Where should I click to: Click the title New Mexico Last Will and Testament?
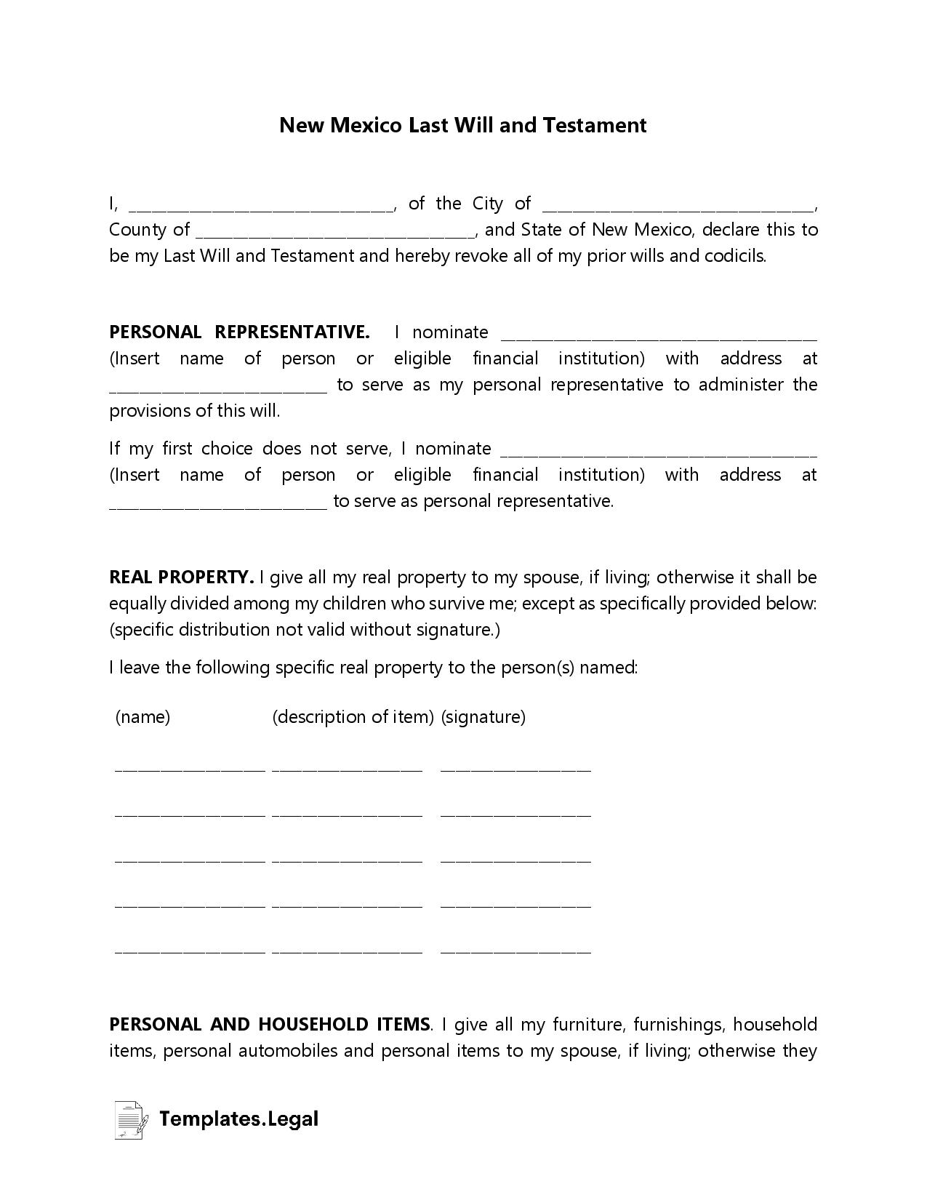(x=462, y=125)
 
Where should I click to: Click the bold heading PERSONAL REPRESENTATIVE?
(x=239, y=332)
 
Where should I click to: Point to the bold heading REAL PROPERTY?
(x=180, y=577)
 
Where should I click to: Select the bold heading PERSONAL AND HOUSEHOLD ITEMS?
(x=269, y=1025)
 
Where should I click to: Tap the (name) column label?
(x=143, y=717)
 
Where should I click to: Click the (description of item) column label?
(x=353, y=717)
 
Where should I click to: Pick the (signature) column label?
(x=483, y=717)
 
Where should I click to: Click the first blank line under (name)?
(x=190, y=767)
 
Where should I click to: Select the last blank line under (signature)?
(x=515, y=950)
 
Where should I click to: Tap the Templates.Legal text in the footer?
(x=238, y=1119)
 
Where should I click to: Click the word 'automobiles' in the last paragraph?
(x=288, y=1051)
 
